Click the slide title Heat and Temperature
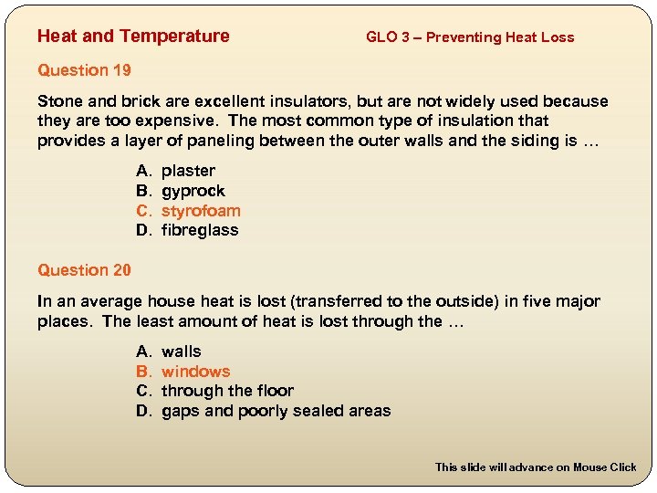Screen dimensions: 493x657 [133, 37]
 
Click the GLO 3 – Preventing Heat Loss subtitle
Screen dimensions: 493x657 [470, 37]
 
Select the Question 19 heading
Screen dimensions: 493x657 [84, 70]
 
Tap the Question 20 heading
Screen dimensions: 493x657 [84, 270]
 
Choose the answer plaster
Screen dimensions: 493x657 [188, 171]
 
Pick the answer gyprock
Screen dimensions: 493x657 [193, 191]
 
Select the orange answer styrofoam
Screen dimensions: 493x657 [201, 211]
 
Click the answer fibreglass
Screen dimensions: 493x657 [200, 230]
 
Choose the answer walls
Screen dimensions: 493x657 [182, 351]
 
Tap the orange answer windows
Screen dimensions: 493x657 [195, 372]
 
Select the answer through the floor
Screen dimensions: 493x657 [227, 391]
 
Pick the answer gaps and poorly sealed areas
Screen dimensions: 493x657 [276, 411]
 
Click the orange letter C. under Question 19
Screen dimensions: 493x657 [143, 211]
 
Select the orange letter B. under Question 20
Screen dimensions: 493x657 [143, 372]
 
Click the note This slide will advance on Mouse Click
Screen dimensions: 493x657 [536, 467]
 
